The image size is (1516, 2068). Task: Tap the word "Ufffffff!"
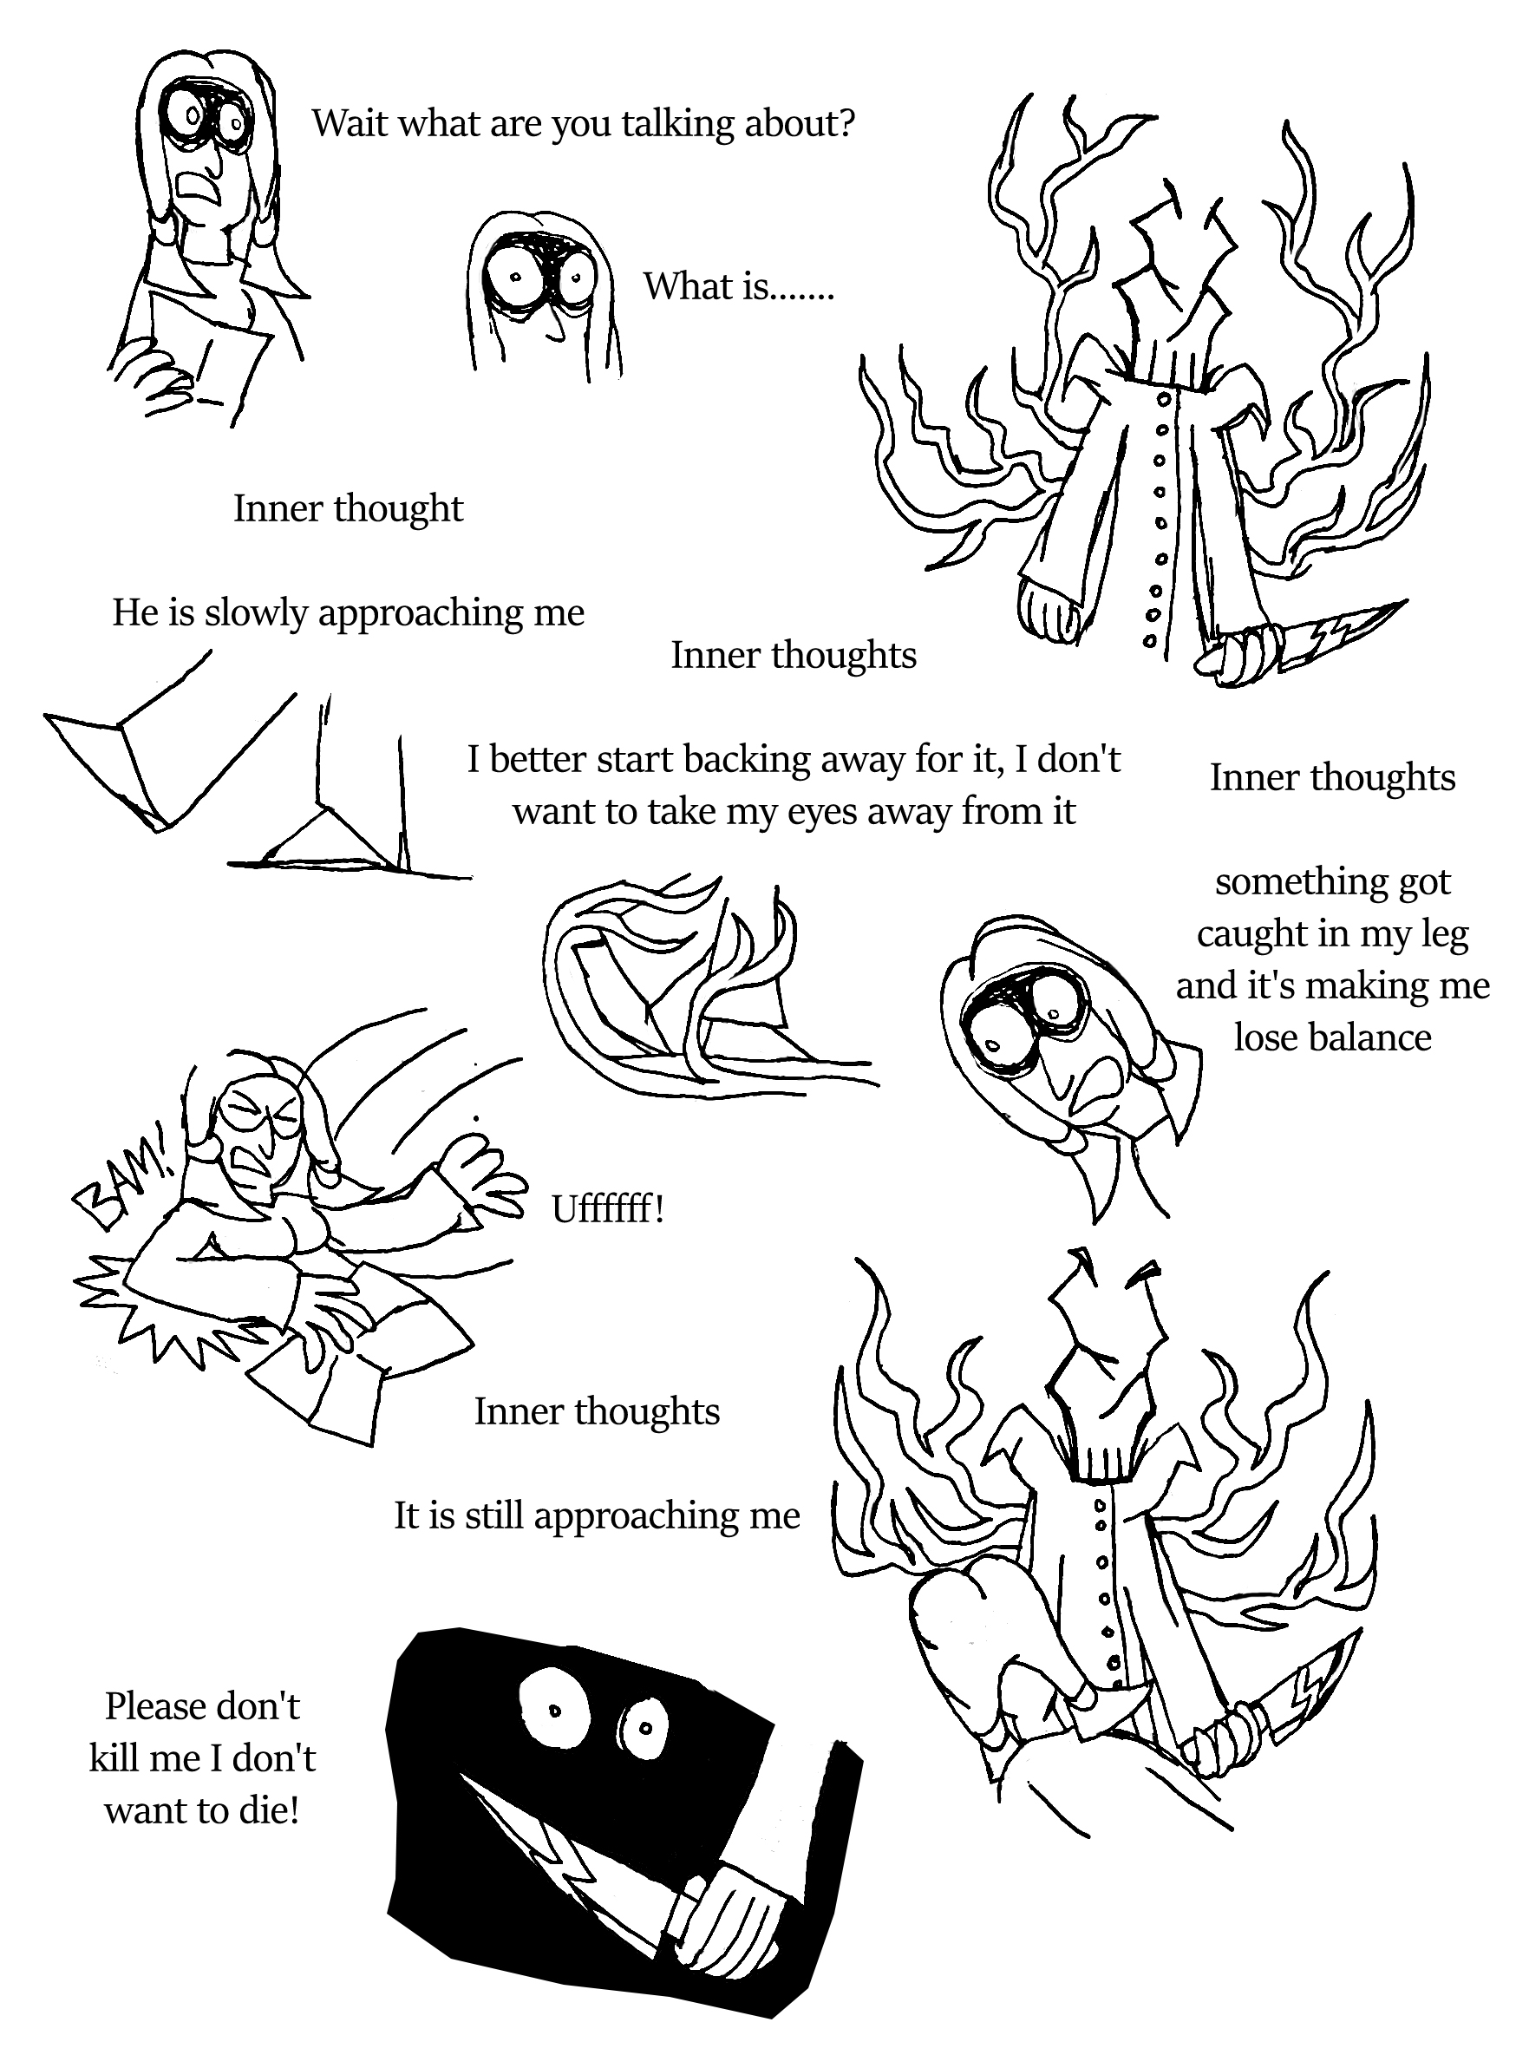coord(607,1209)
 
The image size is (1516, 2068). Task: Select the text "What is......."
coord(739,286)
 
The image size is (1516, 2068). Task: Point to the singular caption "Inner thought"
coord(348,508)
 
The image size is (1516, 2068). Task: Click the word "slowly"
coord(256,612)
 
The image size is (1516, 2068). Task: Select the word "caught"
coord(1251,933)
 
